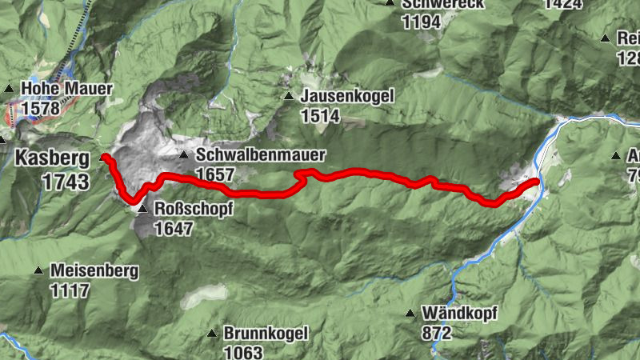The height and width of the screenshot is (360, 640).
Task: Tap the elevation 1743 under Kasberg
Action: point(67,182)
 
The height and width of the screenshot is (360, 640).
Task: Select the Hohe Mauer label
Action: point(67,89)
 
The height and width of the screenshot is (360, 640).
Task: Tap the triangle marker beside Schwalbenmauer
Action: point(184,155)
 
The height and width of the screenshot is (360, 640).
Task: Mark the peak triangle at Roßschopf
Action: point(142,210)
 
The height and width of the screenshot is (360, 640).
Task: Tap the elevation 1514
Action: point(321,116)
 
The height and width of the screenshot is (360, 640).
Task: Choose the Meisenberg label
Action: point(94,271)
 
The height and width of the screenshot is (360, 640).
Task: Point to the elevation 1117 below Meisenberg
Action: point(70,290)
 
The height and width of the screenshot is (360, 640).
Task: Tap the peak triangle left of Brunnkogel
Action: point(212,334)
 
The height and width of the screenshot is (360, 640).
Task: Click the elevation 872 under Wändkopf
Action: point(438,333)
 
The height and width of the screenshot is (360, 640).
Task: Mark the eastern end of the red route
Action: point(536,182)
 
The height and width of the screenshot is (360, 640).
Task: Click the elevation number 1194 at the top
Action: point(422,22)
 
